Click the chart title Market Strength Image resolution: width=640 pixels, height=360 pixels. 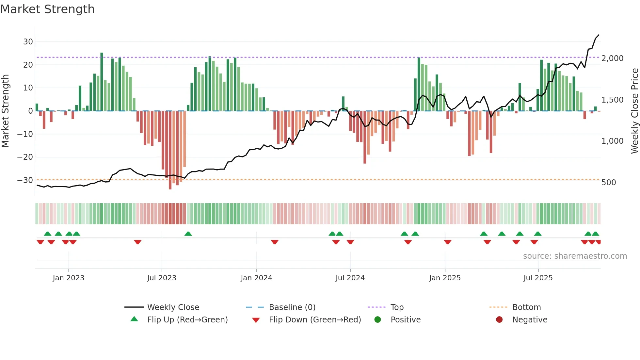(x=47, y=9)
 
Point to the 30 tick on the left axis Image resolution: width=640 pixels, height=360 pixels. (x=28, y=42)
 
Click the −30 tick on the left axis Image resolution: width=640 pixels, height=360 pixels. (x=25, y=180)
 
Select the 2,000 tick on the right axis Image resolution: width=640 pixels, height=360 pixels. (x=612, y=58)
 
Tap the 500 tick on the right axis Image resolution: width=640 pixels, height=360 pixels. (x=608, y=183)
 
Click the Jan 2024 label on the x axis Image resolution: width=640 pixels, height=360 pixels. (x=256, y=278)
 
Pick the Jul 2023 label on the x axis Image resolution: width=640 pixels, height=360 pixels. (x=162, y=278)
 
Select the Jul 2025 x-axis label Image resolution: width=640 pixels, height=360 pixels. (x=538, y=278)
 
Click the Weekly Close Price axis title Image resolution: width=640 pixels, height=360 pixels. (x=634, y=111)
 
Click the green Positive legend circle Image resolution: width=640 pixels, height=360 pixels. (x=377, y=320)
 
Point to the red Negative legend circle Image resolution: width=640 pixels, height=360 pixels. (x=499, y=320)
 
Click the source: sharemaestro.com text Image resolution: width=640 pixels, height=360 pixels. (x=575, y=256)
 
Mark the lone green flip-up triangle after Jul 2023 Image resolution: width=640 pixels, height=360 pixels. (x=188, y=234)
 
